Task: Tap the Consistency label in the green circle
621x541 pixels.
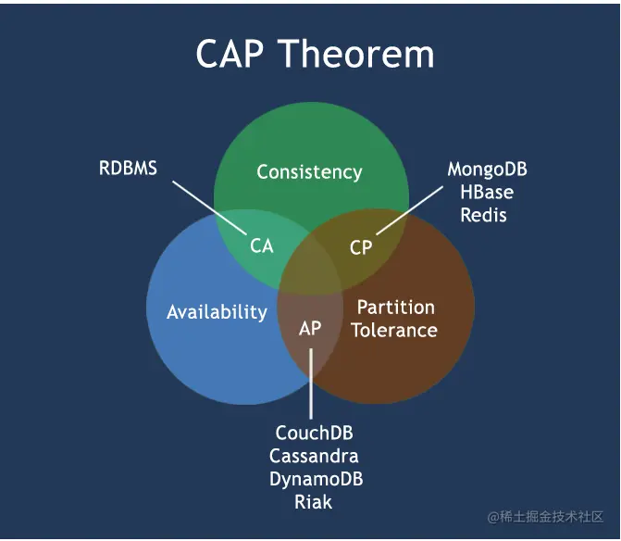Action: pyautogui.click(x=309, y=172)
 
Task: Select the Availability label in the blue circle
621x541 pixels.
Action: pyautogui.click(x=217, y=312)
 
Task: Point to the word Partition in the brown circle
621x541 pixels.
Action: pyautogui.click(x=395, y=307)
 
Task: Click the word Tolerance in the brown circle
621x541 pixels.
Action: pyautogui.click(x=394, y=330)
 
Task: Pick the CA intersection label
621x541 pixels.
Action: pyautogui.click(x=262, y=246)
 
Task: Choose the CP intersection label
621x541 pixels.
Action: pyautogui.click(x=361, y=247)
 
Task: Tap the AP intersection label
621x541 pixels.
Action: pyautogui.click(x=310, y=329)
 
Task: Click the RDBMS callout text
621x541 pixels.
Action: pyautogui.click(x=128, y=169)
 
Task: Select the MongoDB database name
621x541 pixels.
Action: pyautogui.click(x=487, y=170)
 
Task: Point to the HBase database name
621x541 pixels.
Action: pyautogui.click(x=487, y=193)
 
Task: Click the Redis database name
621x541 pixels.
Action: pyautogui.click(x=485, y=215)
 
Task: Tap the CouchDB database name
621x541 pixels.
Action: pyautogui.click(x=315, y=433)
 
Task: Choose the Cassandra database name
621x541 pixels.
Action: pyautogui.click(x=314, y=456)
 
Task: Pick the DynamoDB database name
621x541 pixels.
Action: pyautogui.click(x=316, y=479)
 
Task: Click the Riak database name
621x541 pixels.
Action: pyautogui.click(x=314, y=502)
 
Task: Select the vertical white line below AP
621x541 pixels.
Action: pyautogui.click(x=311, y=384)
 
